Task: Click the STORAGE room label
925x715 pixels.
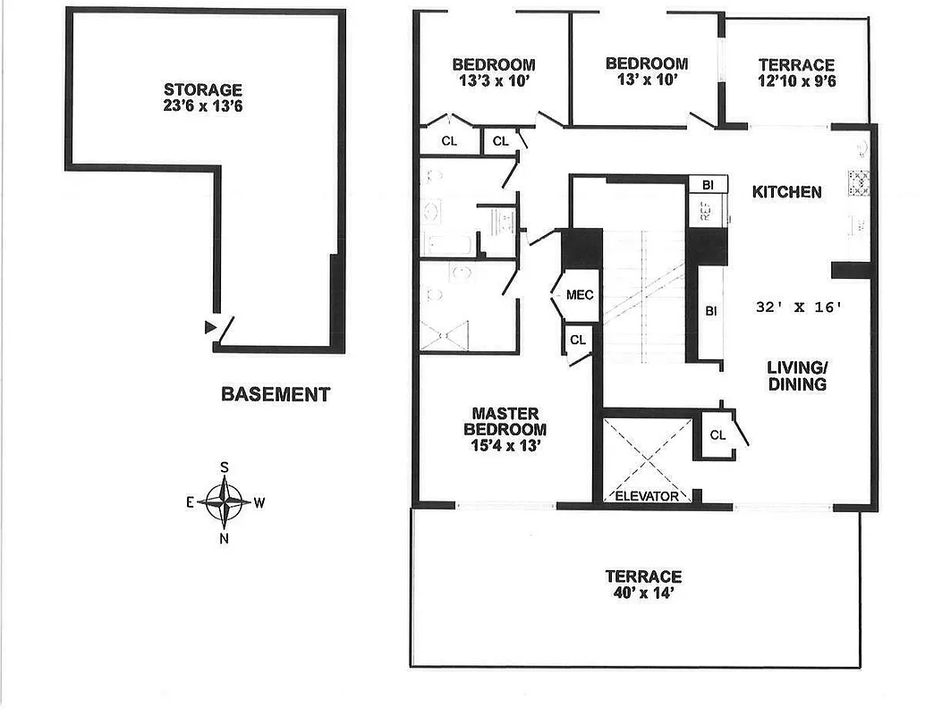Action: click(203, 89)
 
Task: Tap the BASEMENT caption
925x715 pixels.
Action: click(276, 394)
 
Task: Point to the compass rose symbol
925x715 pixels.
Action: click(224, 502)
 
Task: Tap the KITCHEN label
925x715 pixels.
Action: click(786, 192)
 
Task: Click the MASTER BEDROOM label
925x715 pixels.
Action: click(505, 421)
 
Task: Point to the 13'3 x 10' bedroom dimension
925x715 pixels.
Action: click(493, 80)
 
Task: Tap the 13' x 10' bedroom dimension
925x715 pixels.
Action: click(646, 79)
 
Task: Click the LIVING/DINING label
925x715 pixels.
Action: click(796, 375)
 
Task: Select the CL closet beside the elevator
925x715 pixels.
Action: click(717, 435)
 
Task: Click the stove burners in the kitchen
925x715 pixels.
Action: click(861, 181)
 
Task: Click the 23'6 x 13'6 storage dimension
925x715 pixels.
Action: click(203, 105)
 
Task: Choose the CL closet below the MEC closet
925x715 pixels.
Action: click(578, 340)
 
